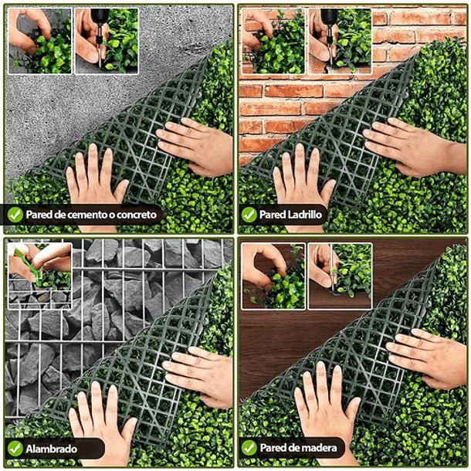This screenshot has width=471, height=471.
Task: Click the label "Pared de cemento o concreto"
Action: tap(91, 215)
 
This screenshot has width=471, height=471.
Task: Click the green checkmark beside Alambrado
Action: tap(15, 448)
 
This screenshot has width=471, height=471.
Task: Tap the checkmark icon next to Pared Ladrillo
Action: tap(249, 215)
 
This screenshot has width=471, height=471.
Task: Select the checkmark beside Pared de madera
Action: tap(249, 448)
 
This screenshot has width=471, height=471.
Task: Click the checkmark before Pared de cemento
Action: tap(15, 215)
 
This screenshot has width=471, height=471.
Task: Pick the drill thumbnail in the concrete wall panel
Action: tap(107, 40)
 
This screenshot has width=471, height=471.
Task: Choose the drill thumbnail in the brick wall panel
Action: tap(340, 40)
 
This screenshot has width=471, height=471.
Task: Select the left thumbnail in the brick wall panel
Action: tap(273, 40)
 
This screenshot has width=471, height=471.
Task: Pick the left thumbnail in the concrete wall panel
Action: tap(40, 40)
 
